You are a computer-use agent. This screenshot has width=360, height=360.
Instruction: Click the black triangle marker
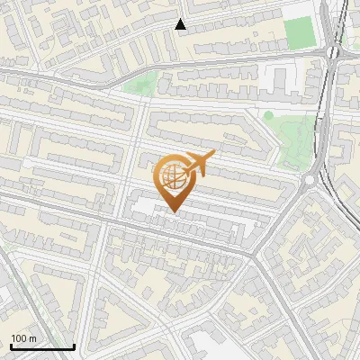[x=181, y=24]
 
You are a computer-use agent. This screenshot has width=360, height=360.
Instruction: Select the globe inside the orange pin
[x=171, y=175]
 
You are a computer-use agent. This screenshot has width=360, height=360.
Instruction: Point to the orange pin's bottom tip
[x=172, y=211]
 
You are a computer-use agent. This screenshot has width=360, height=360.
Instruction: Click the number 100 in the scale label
[x=19, y=339]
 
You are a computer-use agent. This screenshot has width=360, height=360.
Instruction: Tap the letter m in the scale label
[x=33, y=339]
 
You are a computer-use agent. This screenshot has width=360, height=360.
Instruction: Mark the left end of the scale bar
[x=11, y=346]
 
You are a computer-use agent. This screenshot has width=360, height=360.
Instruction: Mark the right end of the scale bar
[x=74, y=346]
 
